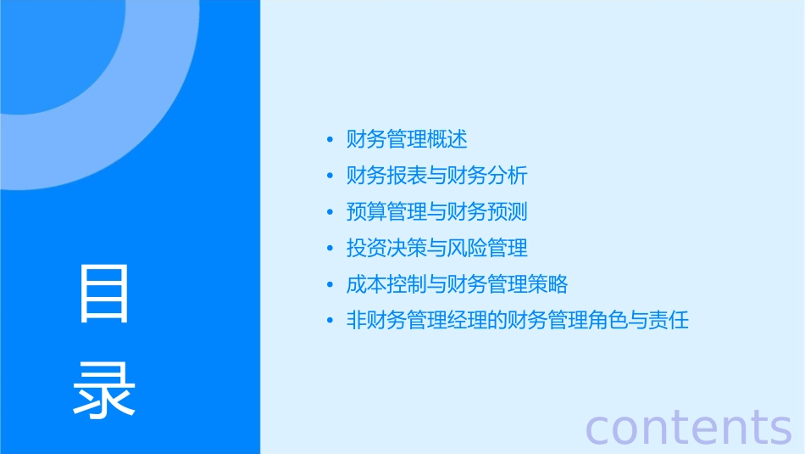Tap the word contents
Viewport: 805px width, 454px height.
[688, 427]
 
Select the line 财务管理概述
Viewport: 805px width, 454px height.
[407, 139]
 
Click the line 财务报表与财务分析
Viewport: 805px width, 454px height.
[437, 176]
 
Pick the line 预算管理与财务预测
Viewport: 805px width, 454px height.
[437, 212]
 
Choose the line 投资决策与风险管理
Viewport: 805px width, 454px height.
[437, 248]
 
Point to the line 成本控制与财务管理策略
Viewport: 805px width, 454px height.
[458, 284]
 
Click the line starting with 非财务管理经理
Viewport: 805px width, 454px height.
[518, 321]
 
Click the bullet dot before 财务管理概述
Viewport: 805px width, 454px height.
[330, 140]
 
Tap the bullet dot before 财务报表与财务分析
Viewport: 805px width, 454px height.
[330, 177]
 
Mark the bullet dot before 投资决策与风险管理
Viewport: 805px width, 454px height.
[330, 249]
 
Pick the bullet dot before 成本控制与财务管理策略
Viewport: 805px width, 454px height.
[330, 285]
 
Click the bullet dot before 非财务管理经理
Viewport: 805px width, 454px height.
[330, 322]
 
